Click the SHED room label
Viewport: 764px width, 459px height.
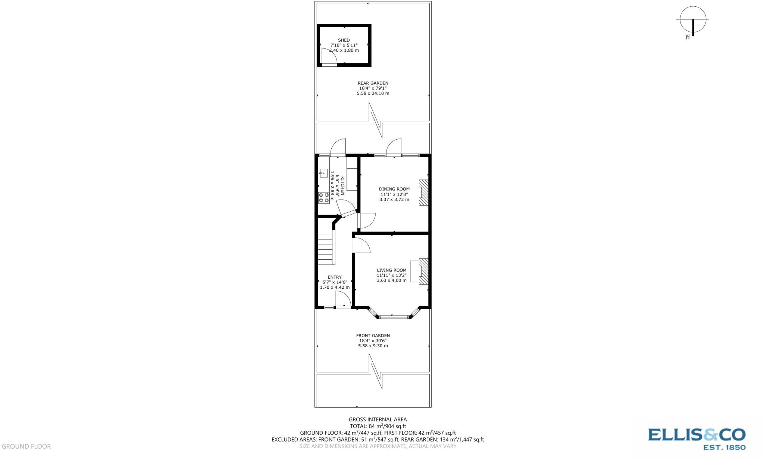(344, 40)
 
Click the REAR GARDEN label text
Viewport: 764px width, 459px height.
(373, 83)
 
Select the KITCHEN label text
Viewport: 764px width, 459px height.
(342, 186)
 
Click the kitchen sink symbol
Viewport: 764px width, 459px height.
(323, 173)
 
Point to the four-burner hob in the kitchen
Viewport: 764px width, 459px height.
(324, 197)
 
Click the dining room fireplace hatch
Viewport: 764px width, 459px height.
(423, 192)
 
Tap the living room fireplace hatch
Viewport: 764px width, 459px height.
(423, 271)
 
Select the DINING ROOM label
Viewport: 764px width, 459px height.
(394, 189)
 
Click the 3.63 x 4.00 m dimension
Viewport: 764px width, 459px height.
(391, 280)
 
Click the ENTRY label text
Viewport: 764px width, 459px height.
(334, 277)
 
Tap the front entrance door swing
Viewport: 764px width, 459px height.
(342, 299)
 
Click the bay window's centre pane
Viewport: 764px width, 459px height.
(394, 317)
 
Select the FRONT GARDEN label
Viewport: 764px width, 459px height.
(373, 335)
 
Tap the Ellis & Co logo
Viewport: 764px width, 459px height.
(696, 438)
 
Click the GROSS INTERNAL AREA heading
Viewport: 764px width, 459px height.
(378, 420)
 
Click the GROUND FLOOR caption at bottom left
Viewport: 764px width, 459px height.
(26, 446)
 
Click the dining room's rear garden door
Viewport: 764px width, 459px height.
(393, 148)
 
